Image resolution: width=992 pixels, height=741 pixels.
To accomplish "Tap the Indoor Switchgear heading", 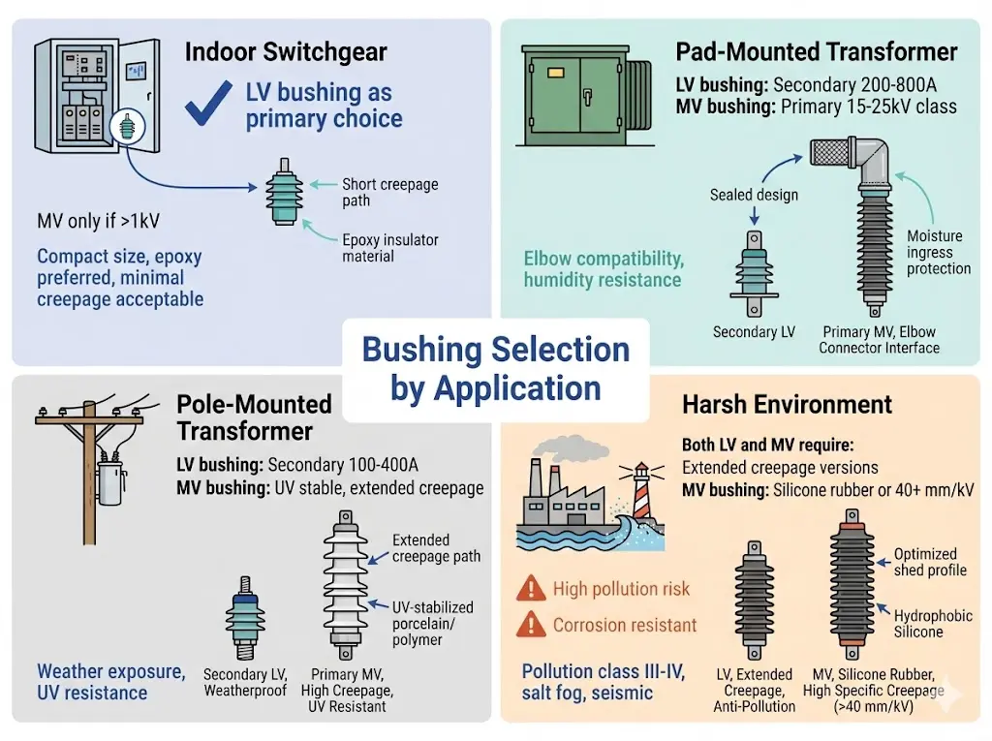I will (286, 51).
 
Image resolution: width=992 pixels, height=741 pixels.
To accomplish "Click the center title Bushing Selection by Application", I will (495, 369).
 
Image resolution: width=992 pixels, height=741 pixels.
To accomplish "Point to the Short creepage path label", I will (389, 192).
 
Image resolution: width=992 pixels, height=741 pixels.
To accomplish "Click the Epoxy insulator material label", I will (389, 248).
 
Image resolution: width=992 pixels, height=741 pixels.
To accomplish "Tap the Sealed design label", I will (754, 195).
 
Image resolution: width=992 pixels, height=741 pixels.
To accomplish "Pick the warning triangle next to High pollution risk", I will (531, 588).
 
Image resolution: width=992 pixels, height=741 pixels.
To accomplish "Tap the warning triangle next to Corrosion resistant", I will (531, 625).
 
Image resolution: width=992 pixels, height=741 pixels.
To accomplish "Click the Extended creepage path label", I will (436, 548).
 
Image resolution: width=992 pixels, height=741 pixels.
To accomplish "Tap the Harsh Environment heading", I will (787, 404).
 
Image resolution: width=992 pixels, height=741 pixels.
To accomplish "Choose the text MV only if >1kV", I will (98, 222).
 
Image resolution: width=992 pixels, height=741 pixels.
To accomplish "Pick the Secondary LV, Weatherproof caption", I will (248, 682).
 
